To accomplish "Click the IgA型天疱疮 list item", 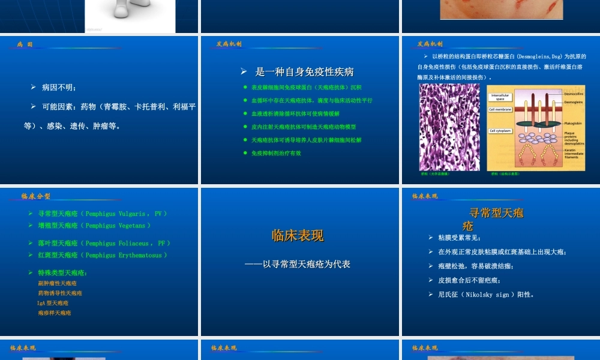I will pos(53,303).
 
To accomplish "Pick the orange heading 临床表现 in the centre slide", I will pos(298,235).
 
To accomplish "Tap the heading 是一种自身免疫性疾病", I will pos(304,72).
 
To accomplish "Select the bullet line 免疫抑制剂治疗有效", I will pos(276,153).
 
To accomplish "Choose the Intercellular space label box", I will pos(500,97).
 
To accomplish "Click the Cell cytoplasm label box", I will pos(500,130).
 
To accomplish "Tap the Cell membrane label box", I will pos(500,109).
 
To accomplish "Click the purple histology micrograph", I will pos(449,127).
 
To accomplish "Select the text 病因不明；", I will pos(59,88).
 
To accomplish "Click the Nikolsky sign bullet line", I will pos(485,295).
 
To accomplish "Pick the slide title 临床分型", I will pos(35,196).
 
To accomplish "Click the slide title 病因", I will pos(25,44).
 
